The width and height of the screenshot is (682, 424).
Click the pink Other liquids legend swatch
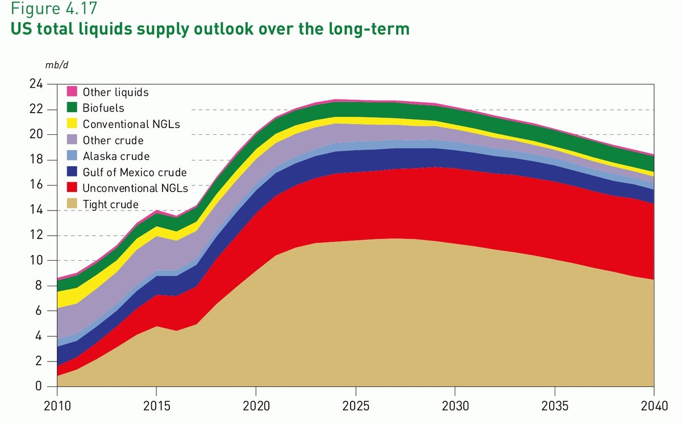point(72,92)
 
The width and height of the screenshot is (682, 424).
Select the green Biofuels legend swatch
point(72,108)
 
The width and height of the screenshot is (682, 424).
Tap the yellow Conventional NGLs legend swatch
point(72,124)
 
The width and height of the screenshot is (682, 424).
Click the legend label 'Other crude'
point(113,140)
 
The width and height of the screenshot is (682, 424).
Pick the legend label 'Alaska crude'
point(116,156)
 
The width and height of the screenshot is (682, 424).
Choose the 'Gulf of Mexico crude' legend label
point(135,172)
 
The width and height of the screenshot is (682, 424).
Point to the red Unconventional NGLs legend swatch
point(72,188)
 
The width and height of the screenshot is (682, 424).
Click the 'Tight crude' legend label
point(111,204)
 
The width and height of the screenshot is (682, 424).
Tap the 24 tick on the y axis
point(36,84)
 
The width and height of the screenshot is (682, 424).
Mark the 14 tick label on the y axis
point(36,210)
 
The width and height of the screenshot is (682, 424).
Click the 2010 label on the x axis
point(57,408)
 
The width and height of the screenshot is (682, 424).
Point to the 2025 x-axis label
point(355,408)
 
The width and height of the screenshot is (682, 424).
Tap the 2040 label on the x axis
point(654,408)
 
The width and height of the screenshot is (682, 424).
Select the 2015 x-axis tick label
point(156,408)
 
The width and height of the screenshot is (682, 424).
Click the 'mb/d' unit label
point(57,64)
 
